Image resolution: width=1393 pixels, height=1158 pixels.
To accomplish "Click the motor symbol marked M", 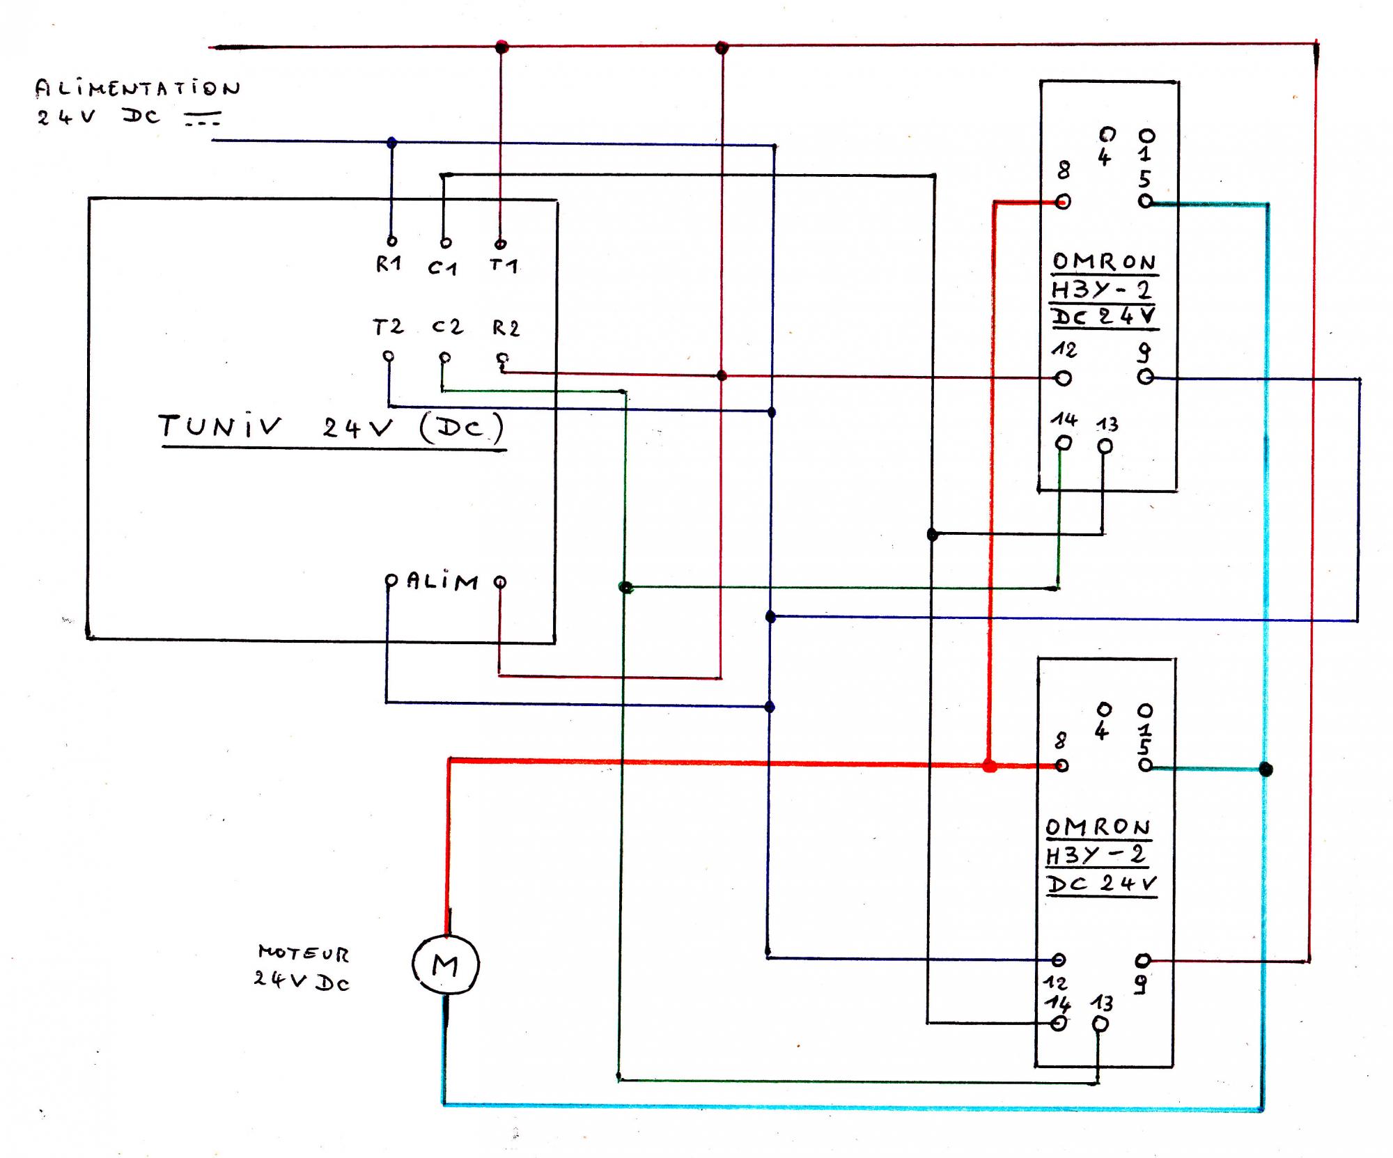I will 445,964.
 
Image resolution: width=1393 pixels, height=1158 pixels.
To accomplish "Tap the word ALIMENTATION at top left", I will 137,88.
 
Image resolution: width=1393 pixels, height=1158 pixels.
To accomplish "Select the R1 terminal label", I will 389,264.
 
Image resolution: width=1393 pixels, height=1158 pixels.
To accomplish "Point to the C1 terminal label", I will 442,267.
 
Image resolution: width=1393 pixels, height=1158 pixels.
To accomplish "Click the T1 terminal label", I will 503,265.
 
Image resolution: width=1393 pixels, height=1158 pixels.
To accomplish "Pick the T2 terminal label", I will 387,327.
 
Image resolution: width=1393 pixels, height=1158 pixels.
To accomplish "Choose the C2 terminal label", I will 446,327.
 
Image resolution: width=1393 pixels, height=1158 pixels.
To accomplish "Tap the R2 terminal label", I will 506,328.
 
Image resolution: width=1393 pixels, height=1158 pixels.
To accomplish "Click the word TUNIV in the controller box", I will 219,425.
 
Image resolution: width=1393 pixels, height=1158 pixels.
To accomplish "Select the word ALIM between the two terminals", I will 443,581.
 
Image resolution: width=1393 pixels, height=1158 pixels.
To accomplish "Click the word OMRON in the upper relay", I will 1104,263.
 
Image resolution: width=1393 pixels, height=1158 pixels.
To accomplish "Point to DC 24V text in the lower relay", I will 1101,884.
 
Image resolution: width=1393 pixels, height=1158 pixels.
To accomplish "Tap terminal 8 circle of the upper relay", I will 1063,202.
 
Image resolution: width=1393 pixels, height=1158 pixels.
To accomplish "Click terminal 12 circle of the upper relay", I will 1063,378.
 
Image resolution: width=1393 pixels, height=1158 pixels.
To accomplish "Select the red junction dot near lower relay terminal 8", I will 989,767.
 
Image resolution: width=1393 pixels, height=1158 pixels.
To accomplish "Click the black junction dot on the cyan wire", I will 1266,769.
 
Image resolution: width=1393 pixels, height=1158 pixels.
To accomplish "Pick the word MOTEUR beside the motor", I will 303,953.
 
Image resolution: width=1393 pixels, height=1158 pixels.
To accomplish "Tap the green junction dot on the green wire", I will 625,588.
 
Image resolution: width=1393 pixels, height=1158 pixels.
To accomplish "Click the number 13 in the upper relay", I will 1107,424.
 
